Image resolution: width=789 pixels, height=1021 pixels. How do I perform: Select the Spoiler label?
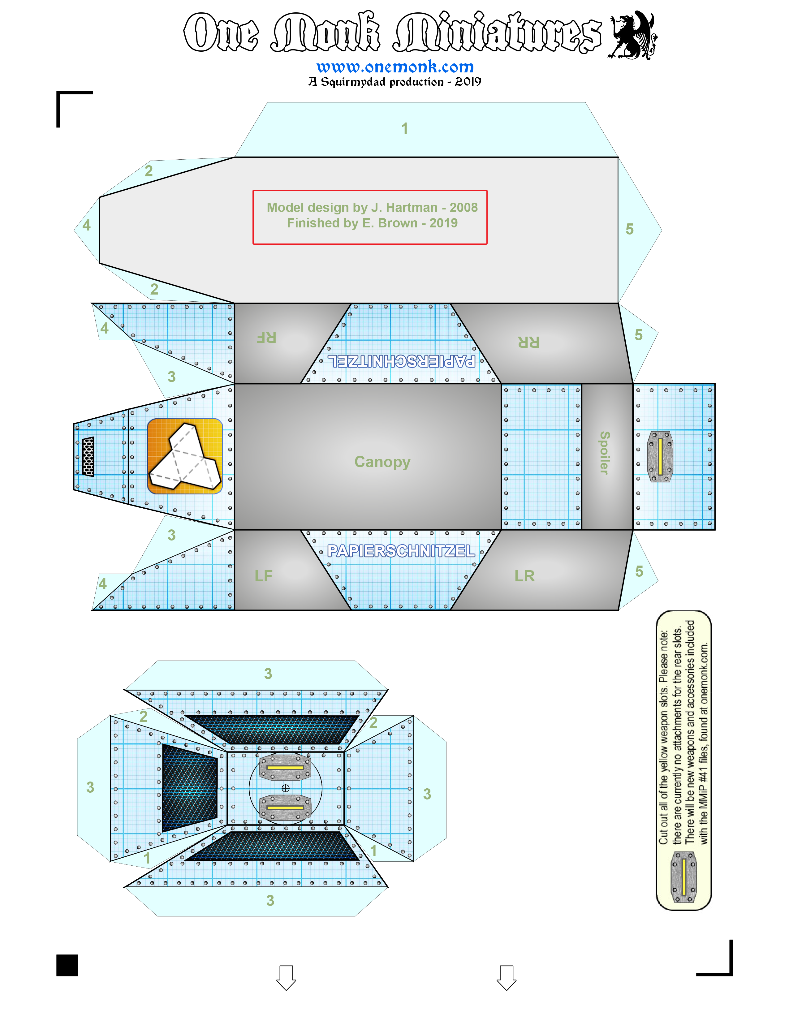[x=604, y=453]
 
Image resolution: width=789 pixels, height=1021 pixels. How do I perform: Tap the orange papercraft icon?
[x=185, y=456]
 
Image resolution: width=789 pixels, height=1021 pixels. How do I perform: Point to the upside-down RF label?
[x=266, y=337]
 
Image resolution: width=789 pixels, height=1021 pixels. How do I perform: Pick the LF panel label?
[x=263, y=576]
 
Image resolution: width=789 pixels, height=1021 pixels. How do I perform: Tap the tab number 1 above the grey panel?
[x=405, y=129]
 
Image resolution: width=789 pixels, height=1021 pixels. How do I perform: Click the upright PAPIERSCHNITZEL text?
[x=401, y=551]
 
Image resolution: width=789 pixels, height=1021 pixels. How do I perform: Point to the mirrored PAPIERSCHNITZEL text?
[x=401, y=361]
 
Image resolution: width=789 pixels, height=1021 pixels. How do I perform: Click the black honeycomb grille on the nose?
[x=88, y=456]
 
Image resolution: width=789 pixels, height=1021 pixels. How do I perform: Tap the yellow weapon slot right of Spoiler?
[x=660, y=456]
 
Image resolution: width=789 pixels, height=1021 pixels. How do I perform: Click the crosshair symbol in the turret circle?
[x=286, y=789]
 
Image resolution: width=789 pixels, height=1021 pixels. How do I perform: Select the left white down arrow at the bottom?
[x=286, y=977]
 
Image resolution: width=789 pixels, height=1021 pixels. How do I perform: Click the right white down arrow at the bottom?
[x=506, y=977]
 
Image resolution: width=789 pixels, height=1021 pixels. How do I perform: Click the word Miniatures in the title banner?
[x=498, y=33]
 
